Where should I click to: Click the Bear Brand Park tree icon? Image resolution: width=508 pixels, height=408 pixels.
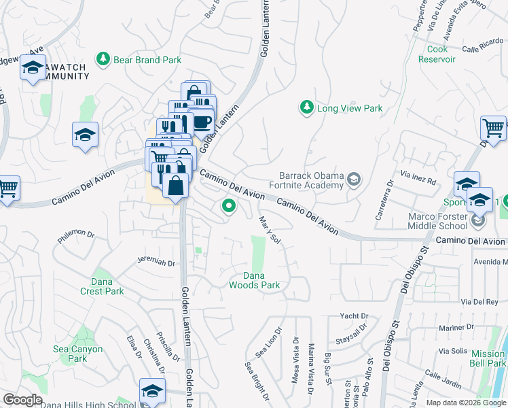[x=103, y=60]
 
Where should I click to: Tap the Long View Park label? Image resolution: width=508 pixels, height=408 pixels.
[x=350, y=108]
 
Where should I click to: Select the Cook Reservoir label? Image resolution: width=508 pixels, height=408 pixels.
[x=441, y=54]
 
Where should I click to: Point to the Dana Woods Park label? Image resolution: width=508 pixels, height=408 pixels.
[x=253, y=280]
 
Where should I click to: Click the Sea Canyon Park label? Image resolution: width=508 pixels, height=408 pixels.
[x=78, y=354]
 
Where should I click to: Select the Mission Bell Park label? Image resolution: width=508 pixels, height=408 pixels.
[x=488, y=358]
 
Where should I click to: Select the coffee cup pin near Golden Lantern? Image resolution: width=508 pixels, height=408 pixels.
[x=202, y=122]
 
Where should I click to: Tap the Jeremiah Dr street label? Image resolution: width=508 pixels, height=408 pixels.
[x=156, y=262]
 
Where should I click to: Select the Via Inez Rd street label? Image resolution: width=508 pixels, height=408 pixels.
[x=418, y=182]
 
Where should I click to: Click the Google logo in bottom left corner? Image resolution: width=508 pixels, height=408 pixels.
[x=22, y=400]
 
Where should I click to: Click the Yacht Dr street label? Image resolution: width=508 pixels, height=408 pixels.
[x=354, y=316]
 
